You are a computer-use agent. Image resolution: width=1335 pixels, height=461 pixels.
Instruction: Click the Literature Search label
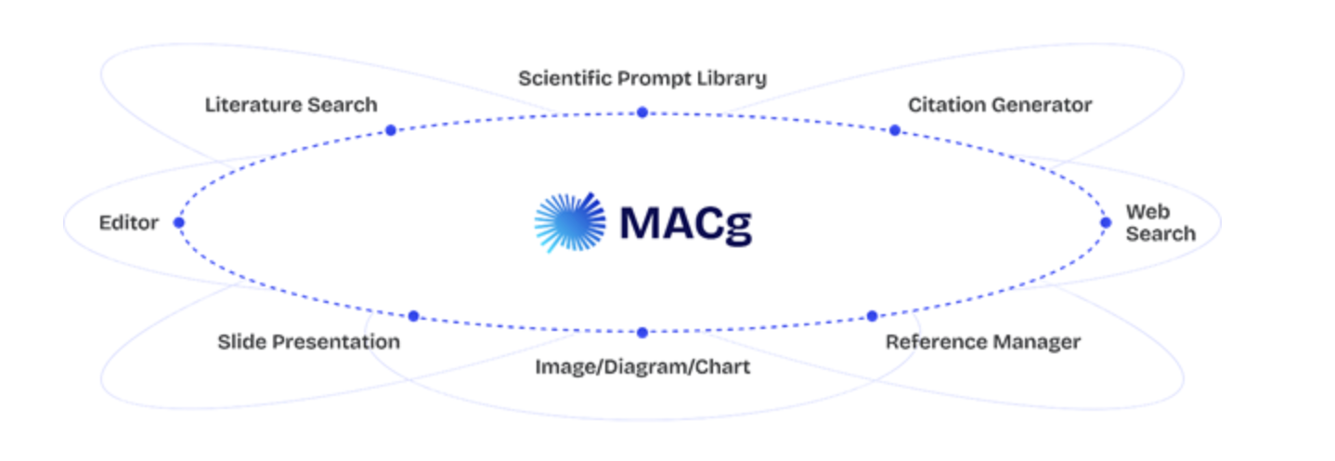291,105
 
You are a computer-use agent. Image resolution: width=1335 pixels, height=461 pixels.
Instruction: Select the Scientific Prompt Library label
642,77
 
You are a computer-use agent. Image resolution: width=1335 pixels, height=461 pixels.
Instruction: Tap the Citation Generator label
1000,105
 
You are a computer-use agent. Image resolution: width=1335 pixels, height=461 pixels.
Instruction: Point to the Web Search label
1160,223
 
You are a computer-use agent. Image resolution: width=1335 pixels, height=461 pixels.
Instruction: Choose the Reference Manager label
982,342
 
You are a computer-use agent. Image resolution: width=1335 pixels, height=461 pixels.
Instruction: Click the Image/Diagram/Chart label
642,367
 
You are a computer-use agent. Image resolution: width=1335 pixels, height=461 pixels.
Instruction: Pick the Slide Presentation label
308,342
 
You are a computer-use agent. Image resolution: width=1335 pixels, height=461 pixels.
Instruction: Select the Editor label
129,223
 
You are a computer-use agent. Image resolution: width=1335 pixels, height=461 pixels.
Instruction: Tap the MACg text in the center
685,223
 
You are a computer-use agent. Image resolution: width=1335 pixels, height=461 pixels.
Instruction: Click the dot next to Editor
179,222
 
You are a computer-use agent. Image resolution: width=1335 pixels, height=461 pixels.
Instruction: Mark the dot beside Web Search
1106,222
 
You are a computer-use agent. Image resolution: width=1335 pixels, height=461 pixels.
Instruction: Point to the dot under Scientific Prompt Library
642,112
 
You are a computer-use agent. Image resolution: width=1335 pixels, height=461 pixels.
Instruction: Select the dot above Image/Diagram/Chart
642,332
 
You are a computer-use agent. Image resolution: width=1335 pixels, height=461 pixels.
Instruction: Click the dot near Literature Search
391,130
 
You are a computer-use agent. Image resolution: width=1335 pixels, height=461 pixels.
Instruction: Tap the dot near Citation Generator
894,130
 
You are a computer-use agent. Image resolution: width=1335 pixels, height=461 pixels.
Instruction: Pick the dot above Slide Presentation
413,316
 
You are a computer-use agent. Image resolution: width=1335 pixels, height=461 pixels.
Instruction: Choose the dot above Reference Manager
872,316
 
